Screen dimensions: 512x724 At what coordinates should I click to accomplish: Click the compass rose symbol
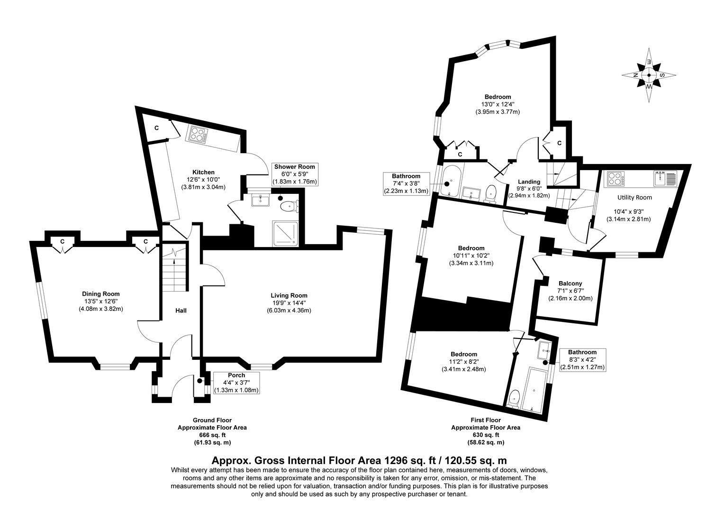tap(649, 75)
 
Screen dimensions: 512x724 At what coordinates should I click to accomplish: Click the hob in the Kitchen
tap(198, 134)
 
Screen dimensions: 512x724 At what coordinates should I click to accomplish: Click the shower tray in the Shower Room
tap(285, 233)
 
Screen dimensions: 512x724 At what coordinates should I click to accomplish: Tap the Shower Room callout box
tap(294, 174)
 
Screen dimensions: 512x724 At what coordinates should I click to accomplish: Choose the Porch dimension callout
tap(236, 383)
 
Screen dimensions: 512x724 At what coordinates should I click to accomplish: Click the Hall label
tap(181, 311)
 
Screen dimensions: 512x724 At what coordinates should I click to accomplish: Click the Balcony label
tap(570, 283)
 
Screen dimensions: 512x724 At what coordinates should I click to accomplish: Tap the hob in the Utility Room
tap(615, 179)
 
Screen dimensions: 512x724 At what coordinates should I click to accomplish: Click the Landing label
tap(529, 182)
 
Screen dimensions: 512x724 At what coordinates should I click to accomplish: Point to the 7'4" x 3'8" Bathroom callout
tap(407, 183)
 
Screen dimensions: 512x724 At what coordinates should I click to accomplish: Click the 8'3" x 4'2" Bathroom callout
tap(582, 359)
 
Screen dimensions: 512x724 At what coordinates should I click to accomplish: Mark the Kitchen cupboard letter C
tap(156, 128)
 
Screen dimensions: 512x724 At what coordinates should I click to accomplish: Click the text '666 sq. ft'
tap(212, 435)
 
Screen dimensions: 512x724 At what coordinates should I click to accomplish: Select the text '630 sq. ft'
tap(485, 435)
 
